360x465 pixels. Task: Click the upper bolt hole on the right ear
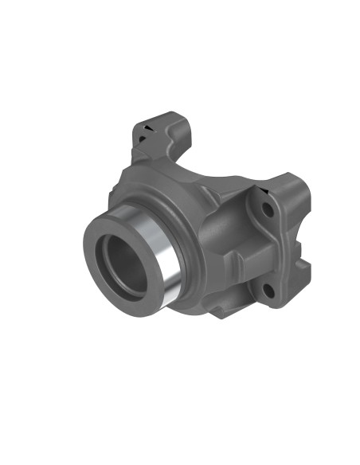268,211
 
